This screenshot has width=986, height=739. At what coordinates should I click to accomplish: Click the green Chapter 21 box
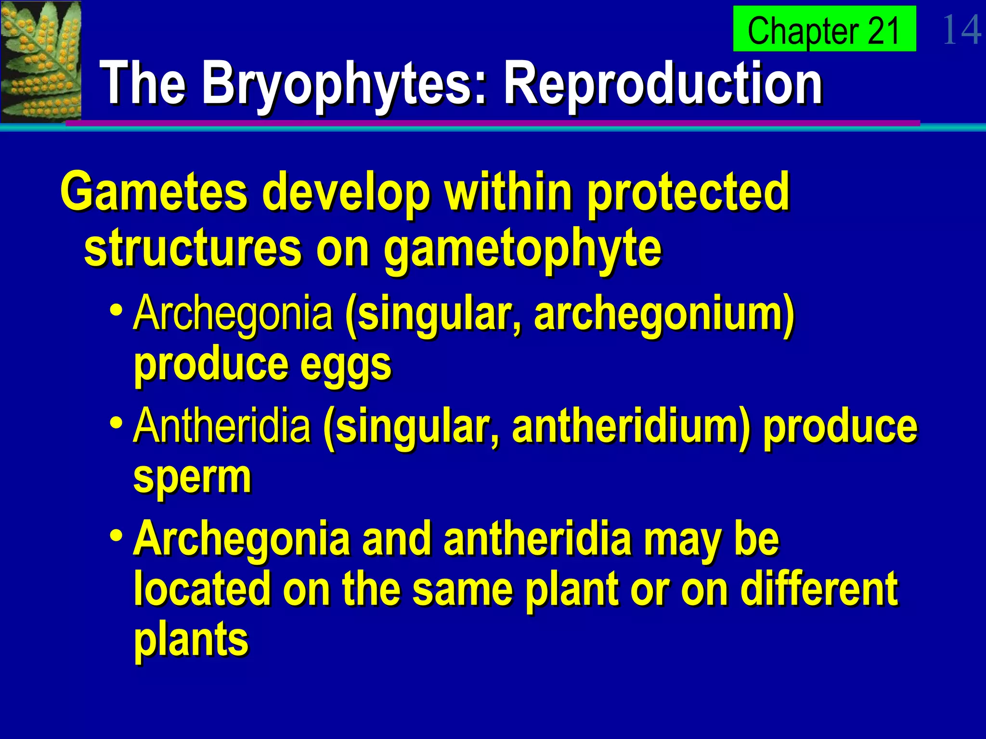(824, 29)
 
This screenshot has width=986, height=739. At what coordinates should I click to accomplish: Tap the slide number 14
(961, 30)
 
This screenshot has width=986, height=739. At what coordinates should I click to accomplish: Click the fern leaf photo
(40, 61)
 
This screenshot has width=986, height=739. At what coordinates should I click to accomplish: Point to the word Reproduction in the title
(662, 83)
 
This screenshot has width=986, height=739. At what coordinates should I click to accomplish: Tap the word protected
(688, 191)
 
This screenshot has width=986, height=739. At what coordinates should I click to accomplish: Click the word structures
(193, 248)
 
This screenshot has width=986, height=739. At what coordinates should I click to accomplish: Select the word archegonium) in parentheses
(664, 314)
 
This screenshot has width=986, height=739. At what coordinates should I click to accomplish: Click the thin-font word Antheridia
(222, 425)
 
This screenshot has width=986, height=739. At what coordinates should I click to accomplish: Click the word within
(508, 191)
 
